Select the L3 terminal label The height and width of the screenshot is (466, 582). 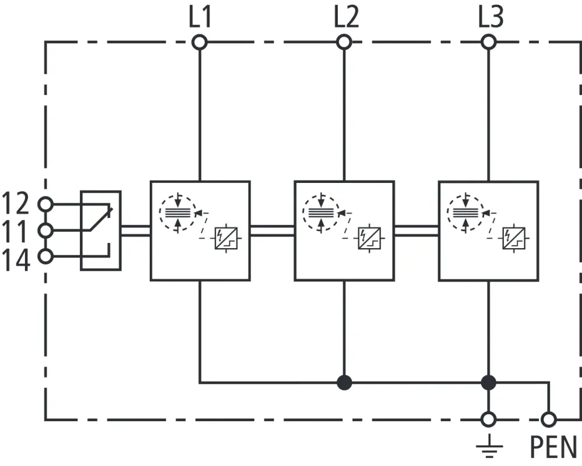coord(491,17)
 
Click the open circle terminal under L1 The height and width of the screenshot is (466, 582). coord(200,42)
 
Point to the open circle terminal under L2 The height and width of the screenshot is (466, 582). coord(344,42)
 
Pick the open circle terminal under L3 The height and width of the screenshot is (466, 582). coord(489,42)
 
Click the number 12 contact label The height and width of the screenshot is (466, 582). coord(15,204)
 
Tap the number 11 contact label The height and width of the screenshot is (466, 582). coord(15,231)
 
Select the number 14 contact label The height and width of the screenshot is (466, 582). coord(15,259)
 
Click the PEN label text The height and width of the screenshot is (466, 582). coord(553,447)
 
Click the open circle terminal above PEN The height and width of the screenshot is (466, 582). coord(548,419)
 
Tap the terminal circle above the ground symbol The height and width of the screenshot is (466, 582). coord(489,419)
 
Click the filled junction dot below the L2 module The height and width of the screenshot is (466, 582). coord(344,383)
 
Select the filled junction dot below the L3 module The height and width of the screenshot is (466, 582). coord(489,383)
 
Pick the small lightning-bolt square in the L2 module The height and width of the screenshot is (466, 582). coord(369,238)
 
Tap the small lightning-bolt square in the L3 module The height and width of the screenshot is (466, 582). coord(513,238)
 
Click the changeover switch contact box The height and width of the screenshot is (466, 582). coord(101,231)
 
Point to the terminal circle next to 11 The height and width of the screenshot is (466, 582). coord(45,231)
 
